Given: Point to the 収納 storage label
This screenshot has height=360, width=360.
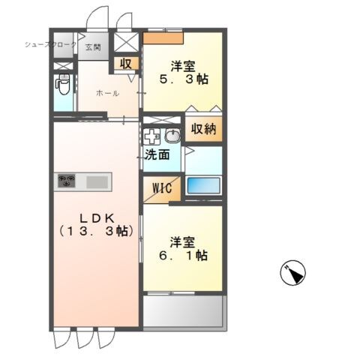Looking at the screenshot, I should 202,129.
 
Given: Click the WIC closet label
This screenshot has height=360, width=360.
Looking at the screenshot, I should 160,188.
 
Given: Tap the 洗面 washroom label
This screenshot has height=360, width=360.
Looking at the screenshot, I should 157,155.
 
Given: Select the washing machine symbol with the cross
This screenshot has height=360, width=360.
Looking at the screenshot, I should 152,137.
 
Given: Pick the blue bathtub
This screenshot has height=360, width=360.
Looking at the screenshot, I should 203,186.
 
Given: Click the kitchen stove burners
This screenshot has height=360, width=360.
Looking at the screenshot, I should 68,181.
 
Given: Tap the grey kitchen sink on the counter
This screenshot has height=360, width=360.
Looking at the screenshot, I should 97,181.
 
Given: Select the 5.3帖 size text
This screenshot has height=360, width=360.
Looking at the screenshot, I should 183,79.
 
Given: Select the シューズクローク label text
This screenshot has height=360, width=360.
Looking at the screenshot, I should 51,45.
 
